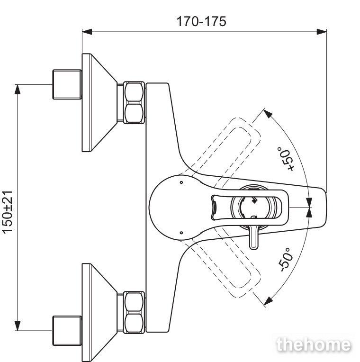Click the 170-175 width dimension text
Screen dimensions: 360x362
tap(201, 21)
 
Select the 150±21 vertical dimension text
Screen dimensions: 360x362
tap(8, 212)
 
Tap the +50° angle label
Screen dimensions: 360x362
tap(286, 159)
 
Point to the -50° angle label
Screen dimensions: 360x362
tap(286, 260)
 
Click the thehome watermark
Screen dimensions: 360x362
tap(314, 345)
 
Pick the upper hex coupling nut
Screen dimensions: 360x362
tap(134, 102)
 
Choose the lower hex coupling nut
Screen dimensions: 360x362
tap(134, 312)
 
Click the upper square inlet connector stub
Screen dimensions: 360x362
tap(67, 84)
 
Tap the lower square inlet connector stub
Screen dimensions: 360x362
tap(67, 331)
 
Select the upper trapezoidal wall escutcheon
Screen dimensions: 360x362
tap(99, 102)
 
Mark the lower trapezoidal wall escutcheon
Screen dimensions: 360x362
tap(99, 312)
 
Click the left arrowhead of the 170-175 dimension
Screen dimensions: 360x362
tap(87, 32)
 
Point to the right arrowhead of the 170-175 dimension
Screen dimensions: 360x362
tap(322, 32)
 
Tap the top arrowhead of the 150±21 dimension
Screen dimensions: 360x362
tap(18, 90)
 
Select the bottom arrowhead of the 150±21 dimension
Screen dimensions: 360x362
tap(18, 326)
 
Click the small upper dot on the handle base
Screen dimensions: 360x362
tap(181, 182)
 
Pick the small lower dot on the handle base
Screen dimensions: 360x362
tap(181, 233)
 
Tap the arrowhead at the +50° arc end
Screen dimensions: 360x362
tap(268, 113)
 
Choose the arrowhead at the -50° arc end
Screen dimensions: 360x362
tap(268, 301)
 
